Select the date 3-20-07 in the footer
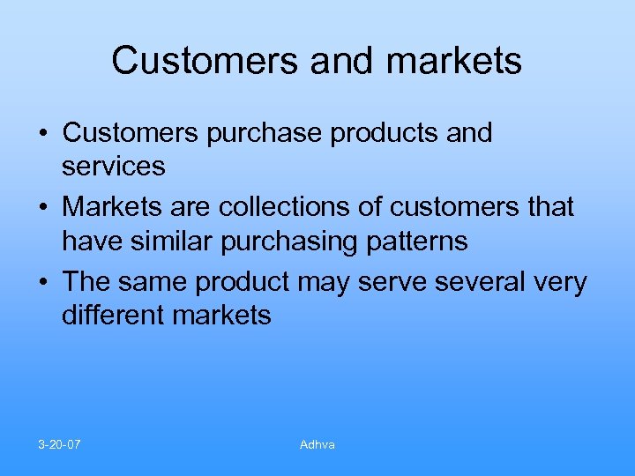pyautogui.click(x=60, y=444)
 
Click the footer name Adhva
pyautogui.click(x=317, y=444)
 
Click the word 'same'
pyautogui.click(x=155, y=283)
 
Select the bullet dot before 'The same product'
pyautogui.click(x=43, y=283)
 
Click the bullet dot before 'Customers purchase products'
pyautogui.click(x=43, y=134)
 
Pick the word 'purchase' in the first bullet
pyautogui.click(x=268, y=134)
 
